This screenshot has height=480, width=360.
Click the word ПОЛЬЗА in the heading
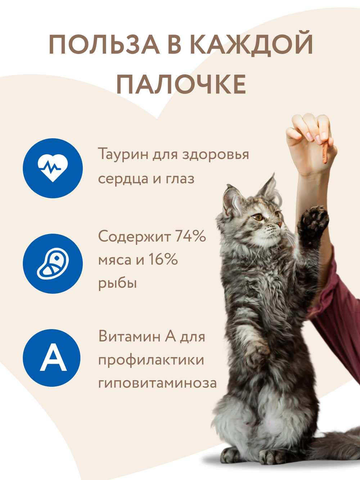[x=104, y=45]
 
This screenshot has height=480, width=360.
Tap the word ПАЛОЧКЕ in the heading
[x=181, y=85]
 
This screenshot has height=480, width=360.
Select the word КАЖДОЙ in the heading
[x=251, y=45]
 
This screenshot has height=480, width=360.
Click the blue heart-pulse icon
[x=53, y=168]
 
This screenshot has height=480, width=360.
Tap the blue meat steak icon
[x=53, y=264]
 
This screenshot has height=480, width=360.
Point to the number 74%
[x=190, y=236]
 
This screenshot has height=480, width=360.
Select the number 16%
[x=163, y=259]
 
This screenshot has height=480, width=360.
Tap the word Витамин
[x=130, y=336]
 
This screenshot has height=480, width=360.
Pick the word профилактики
[x=151, y=359]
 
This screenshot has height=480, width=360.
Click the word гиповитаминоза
[x=157, y=383]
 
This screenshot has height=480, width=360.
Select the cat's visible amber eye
[x=258, y=217]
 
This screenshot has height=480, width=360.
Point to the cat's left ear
[x=230, y=200]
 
